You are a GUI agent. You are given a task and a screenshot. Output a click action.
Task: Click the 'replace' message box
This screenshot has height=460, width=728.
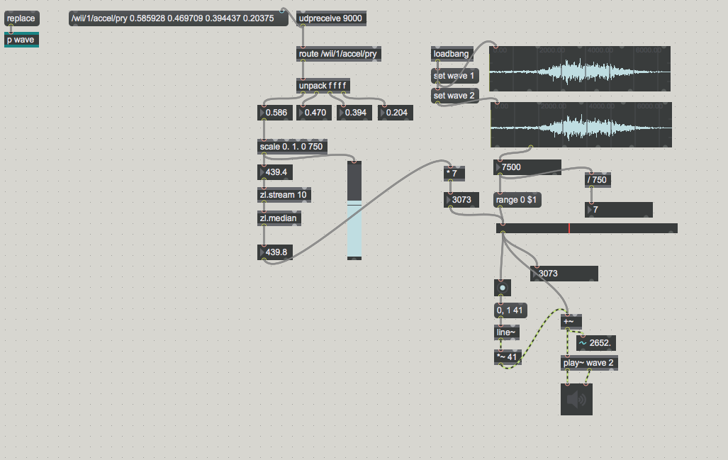pos(21,18)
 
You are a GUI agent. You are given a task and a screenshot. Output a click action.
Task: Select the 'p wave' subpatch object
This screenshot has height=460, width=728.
pos(21,40)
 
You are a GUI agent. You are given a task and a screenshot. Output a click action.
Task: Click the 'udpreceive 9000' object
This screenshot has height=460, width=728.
pos(331,18)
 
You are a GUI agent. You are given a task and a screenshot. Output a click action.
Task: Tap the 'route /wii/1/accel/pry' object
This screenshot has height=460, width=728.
pos(337,54)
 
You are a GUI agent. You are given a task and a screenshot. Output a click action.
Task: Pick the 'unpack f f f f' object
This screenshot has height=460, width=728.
pos(323,86)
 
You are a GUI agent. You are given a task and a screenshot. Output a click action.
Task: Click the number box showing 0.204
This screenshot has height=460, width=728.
pos(396,112)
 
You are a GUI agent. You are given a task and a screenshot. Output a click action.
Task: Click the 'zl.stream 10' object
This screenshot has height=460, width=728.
pos(284,194)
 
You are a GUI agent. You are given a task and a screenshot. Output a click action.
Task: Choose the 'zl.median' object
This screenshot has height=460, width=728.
pos(279,219)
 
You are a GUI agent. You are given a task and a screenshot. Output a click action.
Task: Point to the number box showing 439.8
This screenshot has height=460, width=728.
pos(278,252)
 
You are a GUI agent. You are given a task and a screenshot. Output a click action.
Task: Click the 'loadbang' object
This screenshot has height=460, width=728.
pos(451,54)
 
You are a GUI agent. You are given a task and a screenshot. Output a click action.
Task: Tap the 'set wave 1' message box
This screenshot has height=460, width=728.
pos(454,75)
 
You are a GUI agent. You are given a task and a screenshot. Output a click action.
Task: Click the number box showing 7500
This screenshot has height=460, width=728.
pos(527,167)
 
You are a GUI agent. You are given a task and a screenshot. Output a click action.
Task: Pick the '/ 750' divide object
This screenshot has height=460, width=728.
pos(597,179)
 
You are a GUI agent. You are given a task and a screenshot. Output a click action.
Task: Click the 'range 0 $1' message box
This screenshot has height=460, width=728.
pos(517,200)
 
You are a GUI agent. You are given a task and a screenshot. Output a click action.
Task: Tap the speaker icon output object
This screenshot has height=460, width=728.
pos(576,399)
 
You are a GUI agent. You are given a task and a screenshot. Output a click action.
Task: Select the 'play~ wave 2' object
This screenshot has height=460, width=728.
pos(588,363)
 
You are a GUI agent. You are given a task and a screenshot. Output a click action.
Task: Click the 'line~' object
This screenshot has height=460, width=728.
pos(505,331)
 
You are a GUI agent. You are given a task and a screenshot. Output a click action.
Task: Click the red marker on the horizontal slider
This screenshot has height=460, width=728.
pos(569,228)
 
